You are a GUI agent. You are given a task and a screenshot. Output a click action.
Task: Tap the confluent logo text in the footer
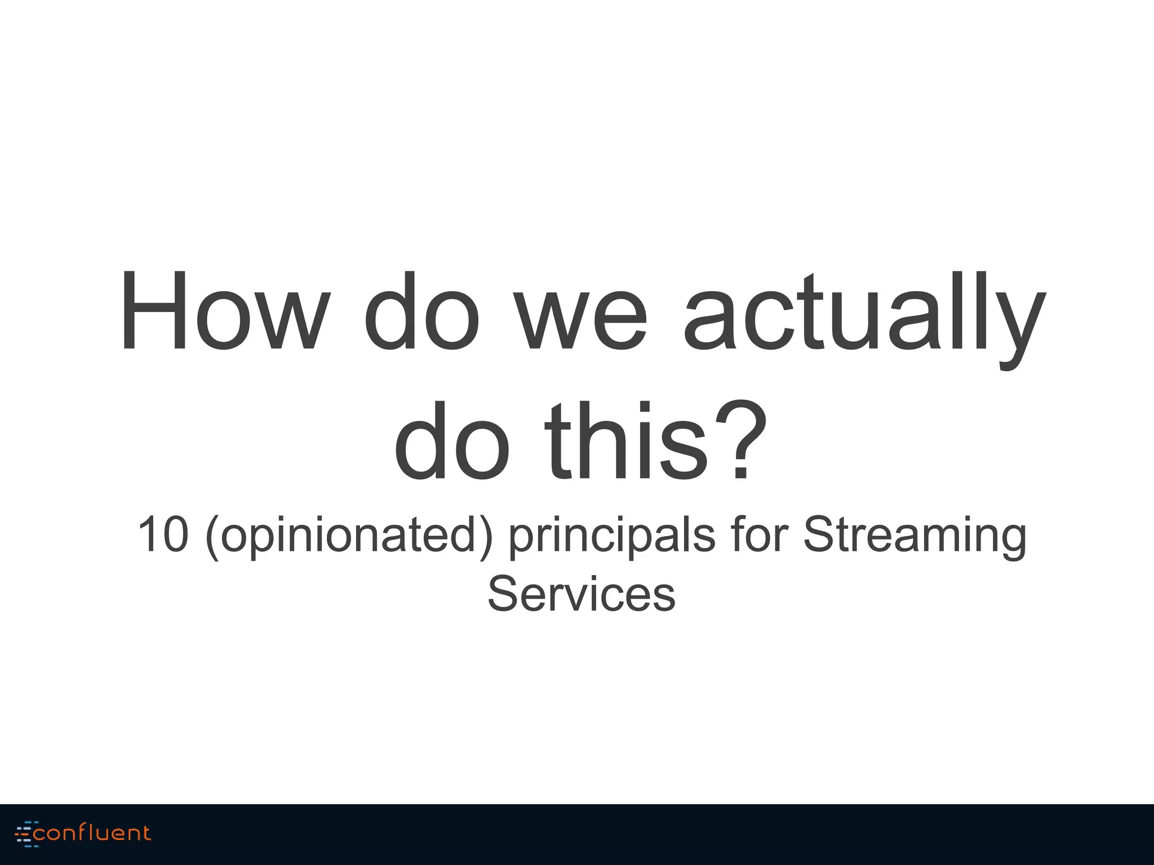pyautogui.click(x=92, y=833)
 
